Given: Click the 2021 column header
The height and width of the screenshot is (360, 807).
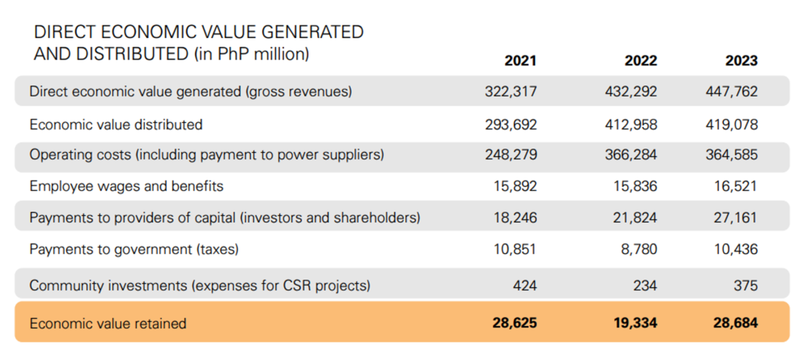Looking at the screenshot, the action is (520, 60).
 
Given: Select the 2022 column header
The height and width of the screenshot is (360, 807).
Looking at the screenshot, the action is (641, 60).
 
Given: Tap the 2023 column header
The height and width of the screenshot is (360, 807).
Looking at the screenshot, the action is (741, 60).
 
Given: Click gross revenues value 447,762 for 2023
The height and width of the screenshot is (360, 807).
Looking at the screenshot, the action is (732, 91).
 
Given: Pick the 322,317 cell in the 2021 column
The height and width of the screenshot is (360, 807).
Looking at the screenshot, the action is (511, 91).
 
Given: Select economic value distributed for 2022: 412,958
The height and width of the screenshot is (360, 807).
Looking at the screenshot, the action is (631, 125).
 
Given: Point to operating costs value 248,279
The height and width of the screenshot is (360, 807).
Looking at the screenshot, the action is (511, 155).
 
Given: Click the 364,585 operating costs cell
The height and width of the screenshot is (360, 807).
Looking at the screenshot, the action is (732, 155).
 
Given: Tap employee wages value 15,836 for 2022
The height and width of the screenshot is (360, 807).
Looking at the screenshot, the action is (635, 186).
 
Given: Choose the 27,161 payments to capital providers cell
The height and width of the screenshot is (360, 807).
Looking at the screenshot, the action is (735, 218).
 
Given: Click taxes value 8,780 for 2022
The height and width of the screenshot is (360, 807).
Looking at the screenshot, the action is (639, 250).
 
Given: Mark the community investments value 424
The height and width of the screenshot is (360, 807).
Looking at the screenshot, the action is (525, 286).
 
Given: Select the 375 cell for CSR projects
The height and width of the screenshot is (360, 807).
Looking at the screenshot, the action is (745, 286).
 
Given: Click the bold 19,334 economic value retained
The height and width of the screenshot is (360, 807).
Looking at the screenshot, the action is (635, 323).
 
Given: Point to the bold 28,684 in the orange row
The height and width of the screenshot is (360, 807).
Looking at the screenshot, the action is (735, 323).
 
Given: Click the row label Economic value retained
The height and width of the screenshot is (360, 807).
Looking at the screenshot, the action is (108, 324).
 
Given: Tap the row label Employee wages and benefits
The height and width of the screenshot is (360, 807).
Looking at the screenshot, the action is (126, 186).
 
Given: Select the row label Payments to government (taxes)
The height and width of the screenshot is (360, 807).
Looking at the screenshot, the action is (134, 250).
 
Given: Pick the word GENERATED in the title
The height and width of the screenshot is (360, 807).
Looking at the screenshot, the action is (312, 32).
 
